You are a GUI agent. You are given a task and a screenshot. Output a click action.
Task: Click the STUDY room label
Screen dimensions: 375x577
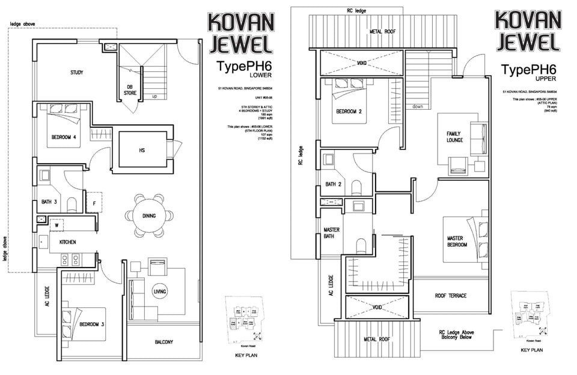click(x=76, y=73)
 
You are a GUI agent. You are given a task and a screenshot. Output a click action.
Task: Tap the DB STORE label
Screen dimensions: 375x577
click(x=130, y=90)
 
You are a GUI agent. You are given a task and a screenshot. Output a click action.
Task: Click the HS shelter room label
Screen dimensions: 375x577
click(x=142, y=149)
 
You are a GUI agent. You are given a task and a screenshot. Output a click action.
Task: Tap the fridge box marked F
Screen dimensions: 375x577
click(x=95, y=203)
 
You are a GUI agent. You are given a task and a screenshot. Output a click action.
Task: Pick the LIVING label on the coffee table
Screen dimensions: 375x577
click(x=159, y=292)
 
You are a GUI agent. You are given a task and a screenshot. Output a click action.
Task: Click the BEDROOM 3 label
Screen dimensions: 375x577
click(x=92, y=325)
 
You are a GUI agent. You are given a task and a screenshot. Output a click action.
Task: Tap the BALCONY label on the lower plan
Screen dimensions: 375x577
click(x=164, y=342)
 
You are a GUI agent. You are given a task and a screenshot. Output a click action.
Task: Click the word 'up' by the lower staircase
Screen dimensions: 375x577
click(x=154, y=96)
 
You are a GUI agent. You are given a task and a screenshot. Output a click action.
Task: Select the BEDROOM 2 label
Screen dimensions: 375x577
click(x=349, y=112)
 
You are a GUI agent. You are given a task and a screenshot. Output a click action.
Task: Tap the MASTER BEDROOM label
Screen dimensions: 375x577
click(x=459, y=242)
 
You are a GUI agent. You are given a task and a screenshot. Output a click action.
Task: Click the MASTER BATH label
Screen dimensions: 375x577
click(x=332, y=233)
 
